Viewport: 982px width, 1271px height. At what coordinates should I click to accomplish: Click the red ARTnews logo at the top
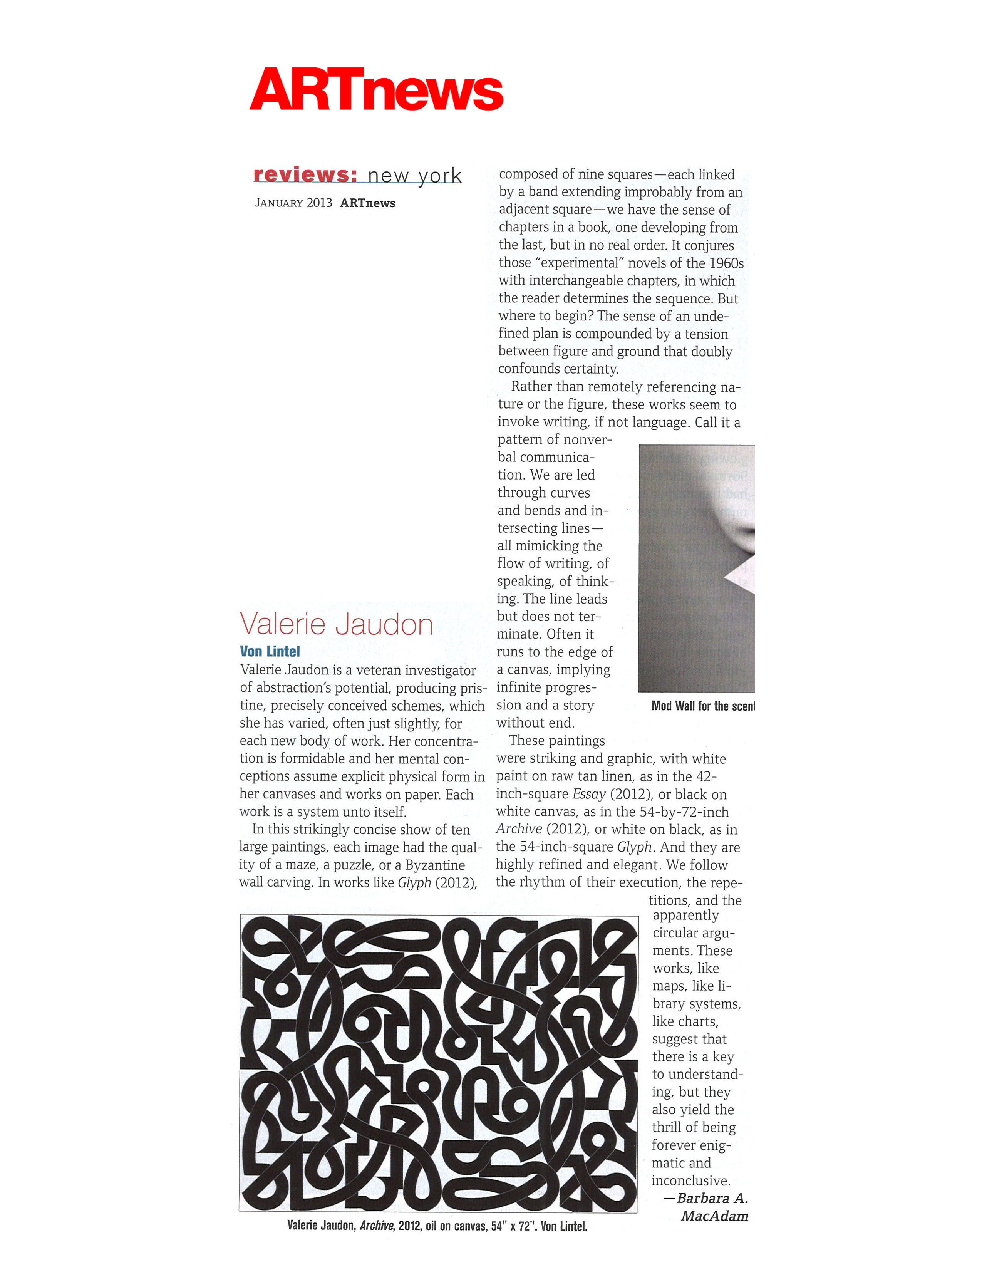coord(376,90)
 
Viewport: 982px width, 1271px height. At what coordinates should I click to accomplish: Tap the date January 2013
coord(293,203)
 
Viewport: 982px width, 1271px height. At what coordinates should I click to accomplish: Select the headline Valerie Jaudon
coord(336,624)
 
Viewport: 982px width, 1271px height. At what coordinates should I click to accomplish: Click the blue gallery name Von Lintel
coord(270,651)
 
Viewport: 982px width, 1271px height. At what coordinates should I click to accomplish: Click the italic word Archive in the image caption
coord(376,1226)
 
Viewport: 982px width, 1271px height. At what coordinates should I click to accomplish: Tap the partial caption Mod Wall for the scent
coord(702,706)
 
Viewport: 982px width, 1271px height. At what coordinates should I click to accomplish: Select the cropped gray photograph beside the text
coord(696,568)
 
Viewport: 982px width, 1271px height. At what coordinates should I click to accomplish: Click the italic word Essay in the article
coord(589,794)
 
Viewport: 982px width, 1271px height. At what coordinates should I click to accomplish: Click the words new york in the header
coord(414,176)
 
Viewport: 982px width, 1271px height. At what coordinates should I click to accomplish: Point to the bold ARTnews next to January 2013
coord(368,203)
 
